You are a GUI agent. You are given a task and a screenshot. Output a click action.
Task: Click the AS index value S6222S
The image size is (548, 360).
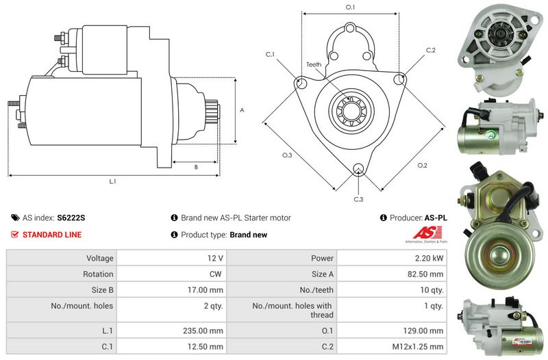71,218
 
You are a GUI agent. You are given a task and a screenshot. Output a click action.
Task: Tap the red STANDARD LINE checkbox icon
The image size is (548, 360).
14,235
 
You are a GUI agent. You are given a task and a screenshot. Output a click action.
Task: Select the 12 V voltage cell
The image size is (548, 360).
215,258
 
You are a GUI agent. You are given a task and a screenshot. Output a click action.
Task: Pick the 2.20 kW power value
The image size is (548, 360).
429,258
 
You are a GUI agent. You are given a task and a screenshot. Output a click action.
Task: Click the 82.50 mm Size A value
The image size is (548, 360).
425,274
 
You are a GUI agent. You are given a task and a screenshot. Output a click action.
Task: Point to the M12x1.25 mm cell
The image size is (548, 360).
418,347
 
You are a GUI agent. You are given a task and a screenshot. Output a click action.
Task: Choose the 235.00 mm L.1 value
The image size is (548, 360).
203,331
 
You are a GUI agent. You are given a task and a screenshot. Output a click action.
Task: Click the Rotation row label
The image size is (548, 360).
98,274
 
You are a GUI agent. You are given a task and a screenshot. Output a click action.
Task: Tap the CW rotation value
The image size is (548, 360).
216,274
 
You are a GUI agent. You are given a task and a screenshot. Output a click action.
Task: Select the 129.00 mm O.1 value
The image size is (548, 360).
423,331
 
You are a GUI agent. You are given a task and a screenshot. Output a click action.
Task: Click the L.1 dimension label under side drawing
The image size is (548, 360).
112,181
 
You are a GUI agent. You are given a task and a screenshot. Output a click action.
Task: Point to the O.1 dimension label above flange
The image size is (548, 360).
350,7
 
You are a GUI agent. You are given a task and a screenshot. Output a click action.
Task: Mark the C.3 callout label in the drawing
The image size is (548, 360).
358,199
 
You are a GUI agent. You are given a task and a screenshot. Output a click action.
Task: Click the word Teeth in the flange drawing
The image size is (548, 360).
314,64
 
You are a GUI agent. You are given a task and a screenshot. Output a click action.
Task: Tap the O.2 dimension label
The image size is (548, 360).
422,165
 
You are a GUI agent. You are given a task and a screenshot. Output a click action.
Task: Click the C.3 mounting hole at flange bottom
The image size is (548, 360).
358,169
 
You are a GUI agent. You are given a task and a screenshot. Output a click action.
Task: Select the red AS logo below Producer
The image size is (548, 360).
427,233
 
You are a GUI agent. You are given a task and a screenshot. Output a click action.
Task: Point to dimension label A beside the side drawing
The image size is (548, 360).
242,110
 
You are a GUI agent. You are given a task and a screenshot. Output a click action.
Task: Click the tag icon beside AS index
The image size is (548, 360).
15,218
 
